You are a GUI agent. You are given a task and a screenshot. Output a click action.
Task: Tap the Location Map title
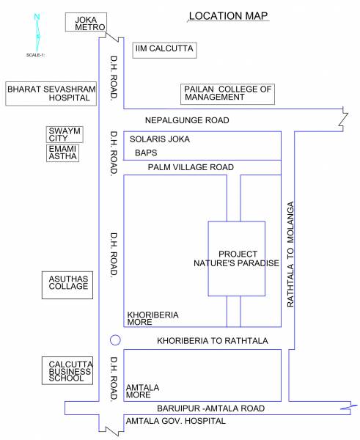[x=228, y=15]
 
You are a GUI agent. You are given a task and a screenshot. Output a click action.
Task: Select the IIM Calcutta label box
[x=164, y=50]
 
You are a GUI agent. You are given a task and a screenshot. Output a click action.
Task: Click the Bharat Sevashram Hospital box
[x=43, y=92]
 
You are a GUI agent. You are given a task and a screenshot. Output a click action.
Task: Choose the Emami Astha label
[x=62, y=152]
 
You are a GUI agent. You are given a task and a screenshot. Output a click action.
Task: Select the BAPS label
[x=146, y=153]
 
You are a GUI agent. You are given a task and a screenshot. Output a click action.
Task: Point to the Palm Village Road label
[x=191, y=168]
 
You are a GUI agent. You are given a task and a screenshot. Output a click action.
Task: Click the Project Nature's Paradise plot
[x=237, y=258]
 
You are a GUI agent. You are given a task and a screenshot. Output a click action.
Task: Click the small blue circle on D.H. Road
[x=114, y=340]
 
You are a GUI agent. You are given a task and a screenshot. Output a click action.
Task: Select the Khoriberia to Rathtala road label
[x=213, y=341]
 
